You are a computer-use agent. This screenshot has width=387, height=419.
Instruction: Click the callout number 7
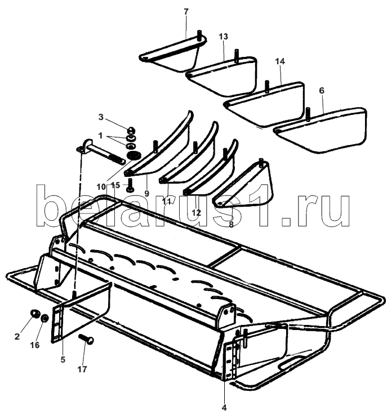pyautogui.click(x=187, y=11)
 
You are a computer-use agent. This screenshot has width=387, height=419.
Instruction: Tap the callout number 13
pyautogui.click(x=224, y=37)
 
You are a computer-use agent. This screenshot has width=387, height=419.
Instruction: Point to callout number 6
pyautogui.click(x=322, y=90)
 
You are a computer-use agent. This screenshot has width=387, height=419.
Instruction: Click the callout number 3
pyautogui.click(x=101, y=117)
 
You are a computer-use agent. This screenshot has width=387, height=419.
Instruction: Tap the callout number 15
pyautogui.click(x=115, y=185)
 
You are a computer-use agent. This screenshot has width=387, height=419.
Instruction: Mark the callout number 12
pyautogui.click(x=196, y=212)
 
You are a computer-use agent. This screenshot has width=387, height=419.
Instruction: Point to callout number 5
pyautogui.click(x=63, y=359)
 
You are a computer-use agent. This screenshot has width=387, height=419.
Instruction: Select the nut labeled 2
pyautogui.click(x=33, y=313)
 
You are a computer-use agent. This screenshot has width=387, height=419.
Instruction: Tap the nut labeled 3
pyautogui.click(x=131, y=129)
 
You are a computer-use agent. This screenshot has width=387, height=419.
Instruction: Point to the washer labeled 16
pyautogui.click(x=43, y=318)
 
